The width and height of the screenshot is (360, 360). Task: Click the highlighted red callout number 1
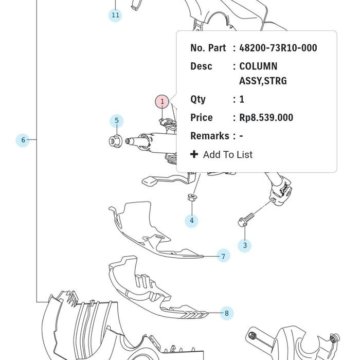coord(162,101)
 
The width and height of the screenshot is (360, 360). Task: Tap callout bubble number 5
coord(117,121)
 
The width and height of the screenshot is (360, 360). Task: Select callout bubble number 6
coord(23,140)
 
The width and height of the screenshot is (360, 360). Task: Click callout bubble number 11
coord(115,15)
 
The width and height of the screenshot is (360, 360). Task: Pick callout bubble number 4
coord(191,221)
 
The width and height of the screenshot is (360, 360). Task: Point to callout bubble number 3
coord(245,245)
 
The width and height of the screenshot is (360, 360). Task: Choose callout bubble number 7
coord(223,256)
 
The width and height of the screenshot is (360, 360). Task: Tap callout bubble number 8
coord(227,313)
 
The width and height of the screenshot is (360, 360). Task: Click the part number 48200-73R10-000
coord(278,48)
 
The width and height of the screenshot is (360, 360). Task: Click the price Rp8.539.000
coord(266,118)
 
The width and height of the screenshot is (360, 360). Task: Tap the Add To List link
coord(227,154)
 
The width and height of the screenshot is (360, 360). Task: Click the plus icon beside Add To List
coord(194,154)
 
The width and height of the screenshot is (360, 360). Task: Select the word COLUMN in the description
coord(258,66)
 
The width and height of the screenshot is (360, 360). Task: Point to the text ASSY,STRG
coord(263,81)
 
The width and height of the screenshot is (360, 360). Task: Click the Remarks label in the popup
coord(210,136)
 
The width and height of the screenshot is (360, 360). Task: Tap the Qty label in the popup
coord(197,100)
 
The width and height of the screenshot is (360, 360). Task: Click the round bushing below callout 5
coord(115,141)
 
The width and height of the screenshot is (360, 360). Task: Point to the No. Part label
coord(208,48)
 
